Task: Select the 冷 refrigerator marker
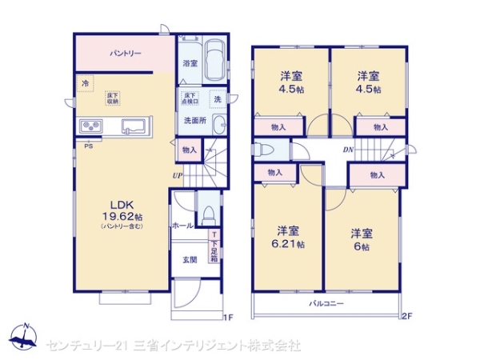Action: tap(85, 82)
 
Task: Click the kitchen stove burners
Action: tap(90, 126)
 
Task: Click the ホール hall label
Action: tap(182, 226)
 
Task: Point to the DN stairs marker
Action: tap(349, 150)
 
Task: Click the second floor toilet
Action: tap(266, 150)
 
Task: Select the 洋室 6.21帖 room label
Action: tap(290, 238)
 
